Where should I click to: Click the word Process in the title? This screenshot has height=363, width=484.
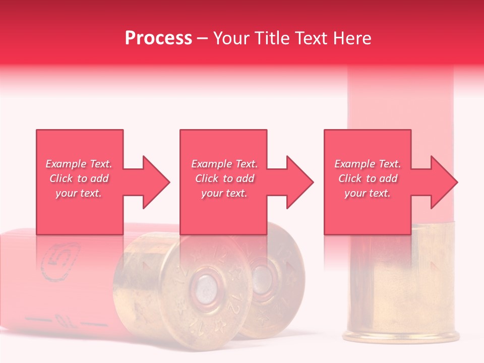tap(158, 38)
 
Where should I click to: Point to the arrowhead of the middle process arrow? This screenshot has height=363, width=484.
tap(299, 182)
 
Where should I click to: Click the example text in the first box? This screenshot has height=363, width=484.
tap(79, 178)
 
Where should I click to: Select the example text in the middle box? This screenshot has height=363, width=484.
tap(224, 178)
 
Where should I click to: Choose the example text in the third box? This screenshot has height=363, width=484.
tap(368, 178)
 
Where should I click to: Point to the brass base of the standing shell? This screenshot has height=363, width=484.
tap(400, 282)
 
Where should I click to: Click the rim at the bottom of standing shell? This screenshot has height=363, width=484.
tap(400, 336)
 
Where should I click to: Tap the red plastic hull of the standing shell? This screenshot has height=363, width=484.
tap(400, 101)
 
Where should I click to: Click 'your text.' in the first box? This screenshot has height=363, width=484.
tap(79, 193)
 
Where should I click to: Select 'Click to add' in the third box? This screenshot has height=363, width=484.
tap(368, 178)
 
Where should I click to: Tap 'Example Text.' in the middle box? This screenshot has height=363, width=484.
tap(224, 164)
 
